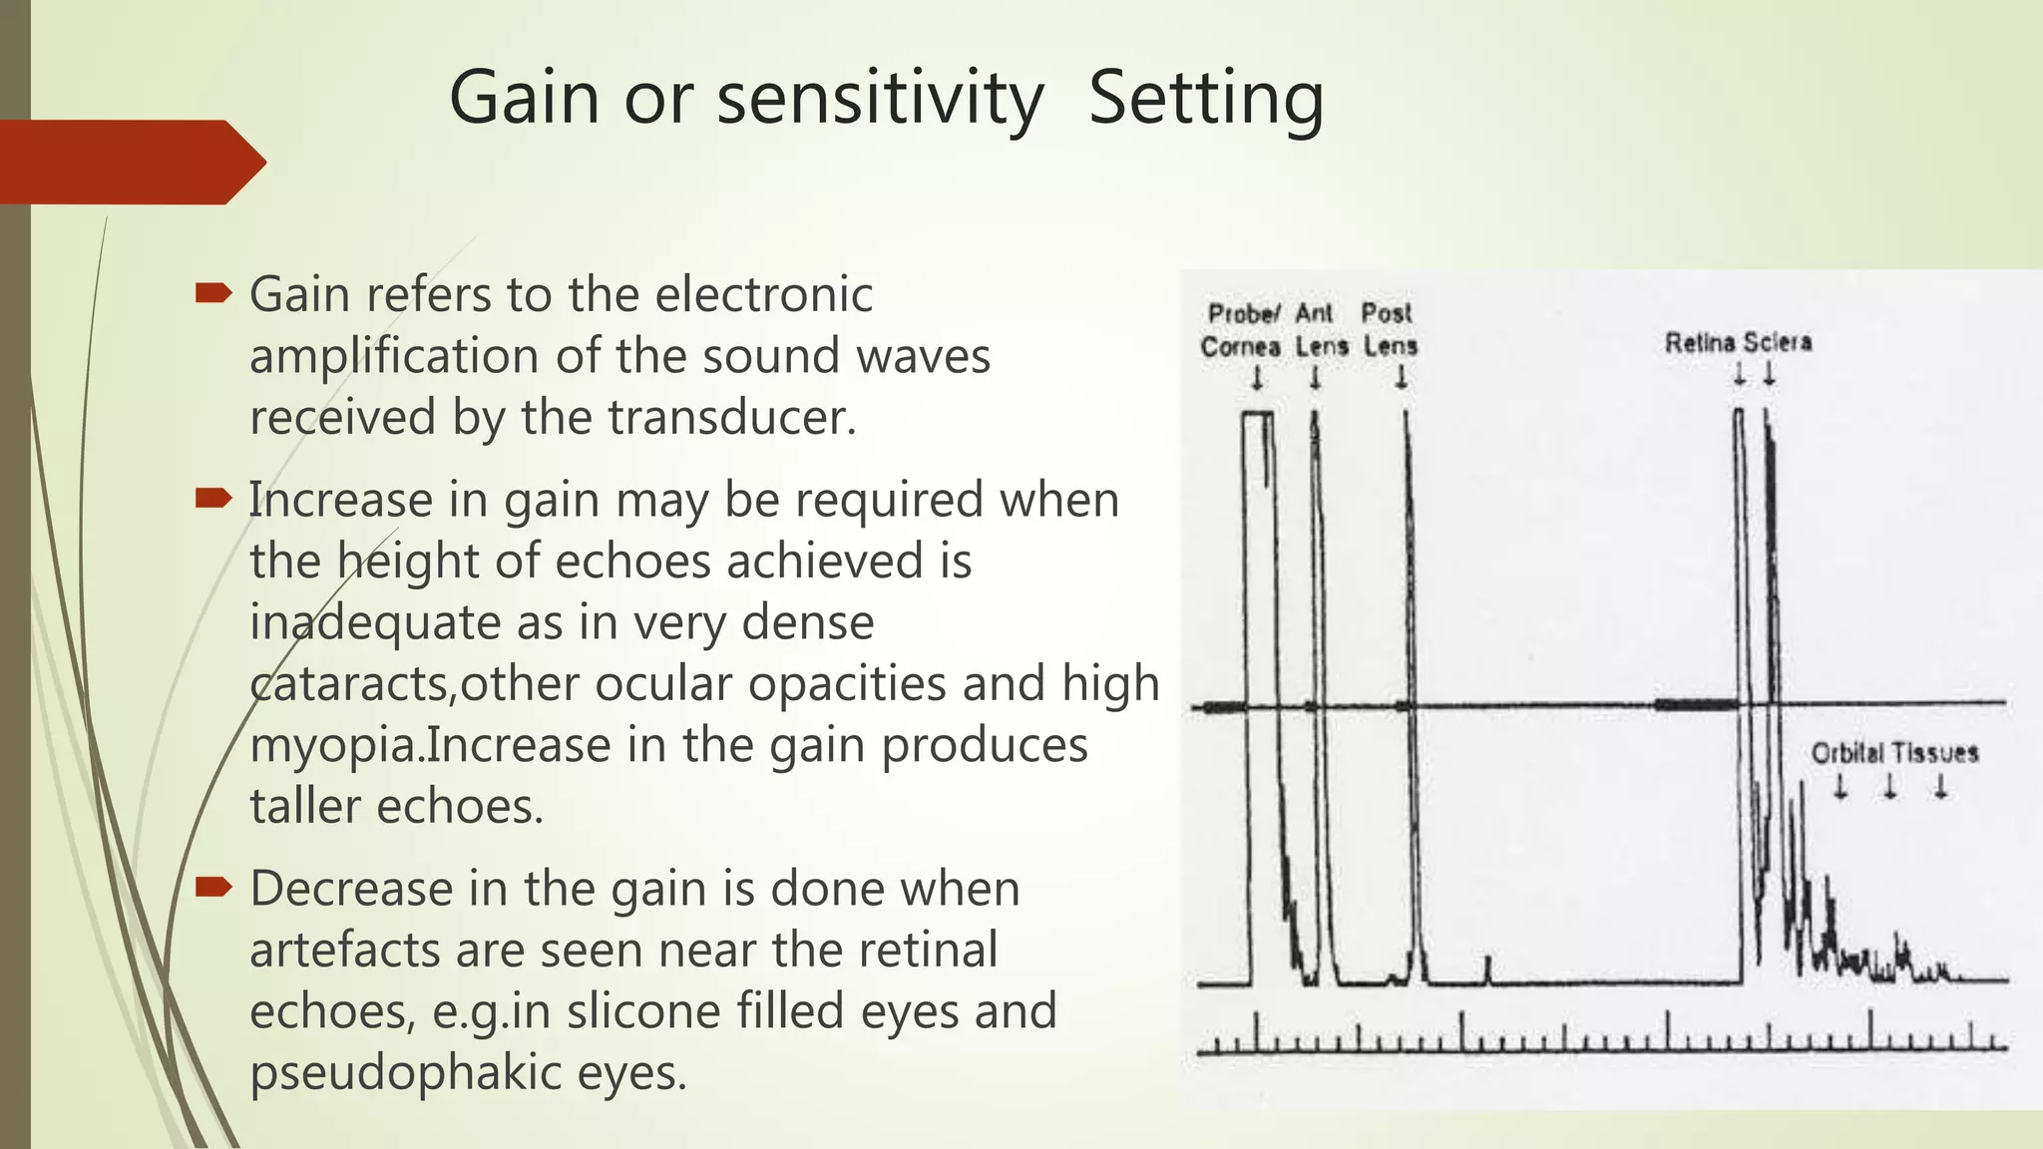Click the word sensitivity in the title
[x=880, y=99]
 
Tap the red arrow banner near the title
[x=130, y=162]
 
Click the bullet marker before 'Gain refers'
[x=213, y=293]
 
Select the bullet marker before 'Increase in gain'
[x=213, y=498]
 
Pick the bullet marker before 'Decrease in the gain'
[x=213, y=887]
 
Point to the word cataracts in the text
[x=346, y=684]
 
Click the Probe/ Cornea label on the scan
[x=1241, y=330]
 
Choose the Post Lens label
[x=1390, y=330]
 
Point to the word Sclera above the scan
[x=1778, y=343]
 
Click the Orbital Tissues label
[x=1894, y=753]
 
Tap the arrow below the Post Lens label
[x=1401, y=378]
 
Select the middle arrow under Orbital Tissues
[x=1889, y=788]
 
